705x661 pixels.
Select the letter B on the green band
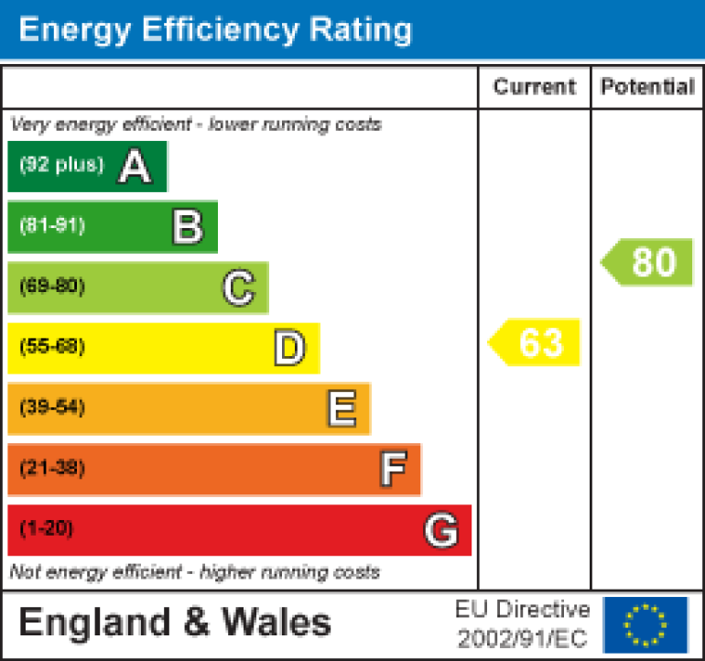[x=187, y=227]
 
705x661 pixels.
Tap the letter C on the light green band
[x=238, y=288]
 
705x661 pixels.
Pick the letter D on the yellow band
[x=289, y=349]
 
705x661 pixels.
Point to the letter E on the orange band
[x=342, y=409]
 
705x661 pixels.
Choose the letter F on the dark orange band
[x=393, y=470]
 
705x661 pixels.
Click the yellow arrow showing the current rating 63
[x=537, y=342]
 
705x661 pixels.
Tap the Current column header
[x=534, y=87]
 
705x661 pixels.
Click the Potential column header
[x=647, y=87]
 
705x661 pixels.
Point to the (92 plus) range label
[x=61, y=166]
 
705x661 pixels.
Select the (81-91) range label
[x=52, y=226]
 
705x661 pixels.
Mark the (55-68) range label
[x=52, y=347]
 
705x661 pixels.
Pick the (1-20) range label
[x=46, y=529]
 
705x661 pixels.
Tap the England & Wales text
[x=175, y=623]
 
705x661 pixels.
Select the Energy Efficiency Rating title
[x=215, y=30]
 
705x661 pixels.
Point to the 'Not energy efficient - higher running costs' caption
[x=194, y=573]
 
